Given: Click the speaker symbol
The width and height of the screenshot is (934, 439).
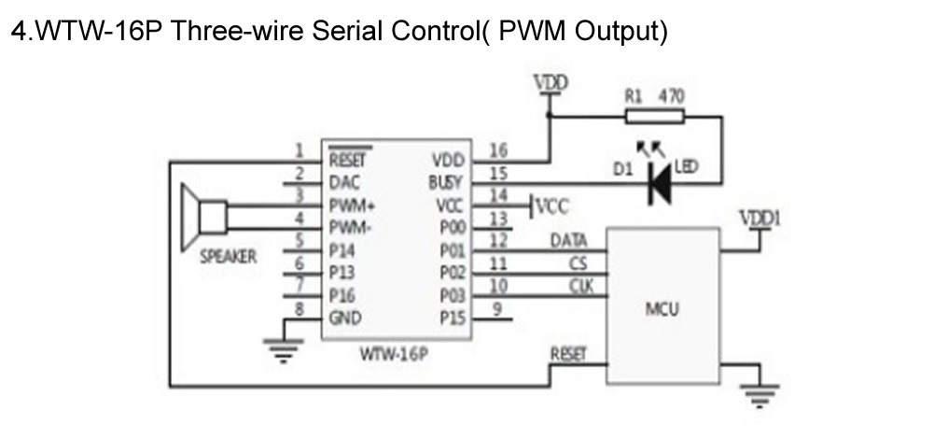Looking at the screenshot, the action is pos(203,218).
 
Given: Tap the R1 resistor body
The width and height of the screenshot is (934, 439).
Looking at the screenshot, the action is pos(655,117).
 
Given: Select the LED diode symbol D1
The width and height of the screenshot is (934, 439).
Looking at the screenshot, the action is pos(661,184).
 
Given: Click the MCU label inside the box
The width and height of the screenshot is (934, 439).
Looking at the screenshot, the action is pos(662,309).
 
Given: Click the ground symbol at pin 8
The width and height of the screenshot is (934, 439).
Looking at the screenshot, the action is pos(284,350).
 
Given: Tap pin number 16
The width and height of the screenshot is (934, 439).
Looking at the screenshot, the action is pos(498,150).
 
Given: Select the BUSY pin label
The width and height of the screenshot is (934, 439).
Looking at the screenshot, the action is pos(445,182).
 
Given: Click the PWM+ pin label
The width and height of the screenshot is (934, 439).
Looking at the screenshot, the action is pos(352,205).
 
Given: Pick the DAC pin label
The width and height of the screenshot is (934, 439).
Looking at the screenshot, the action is pos(344,182).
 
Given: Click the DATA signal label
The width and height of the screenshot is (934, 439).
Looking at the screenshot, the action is pos(569,241).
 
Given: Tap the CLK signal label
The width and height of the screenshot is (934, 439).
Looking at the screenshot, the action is pos(581,287).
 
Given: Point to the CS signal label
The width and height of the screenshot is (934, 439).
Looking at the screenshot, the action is pos(578,263).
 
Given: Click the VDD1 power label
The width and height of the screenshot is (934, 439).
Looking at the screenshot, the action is pos(760,219).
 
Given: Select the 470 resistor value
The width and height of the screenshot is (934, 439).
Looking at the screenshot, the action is pos(671,96).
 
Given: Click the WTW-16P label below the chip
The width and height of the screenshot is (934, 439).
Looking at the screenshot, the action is pos(394,354).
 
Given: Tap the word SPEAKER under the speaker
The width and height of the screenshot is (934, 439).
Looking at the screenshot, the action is pos(229,257).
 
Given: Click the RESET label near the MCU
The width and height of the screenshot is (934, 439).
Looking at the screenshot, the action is pos(568,354).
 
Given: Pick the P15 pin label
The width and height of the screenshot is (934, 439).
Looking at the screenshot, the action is pos(453,319).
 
